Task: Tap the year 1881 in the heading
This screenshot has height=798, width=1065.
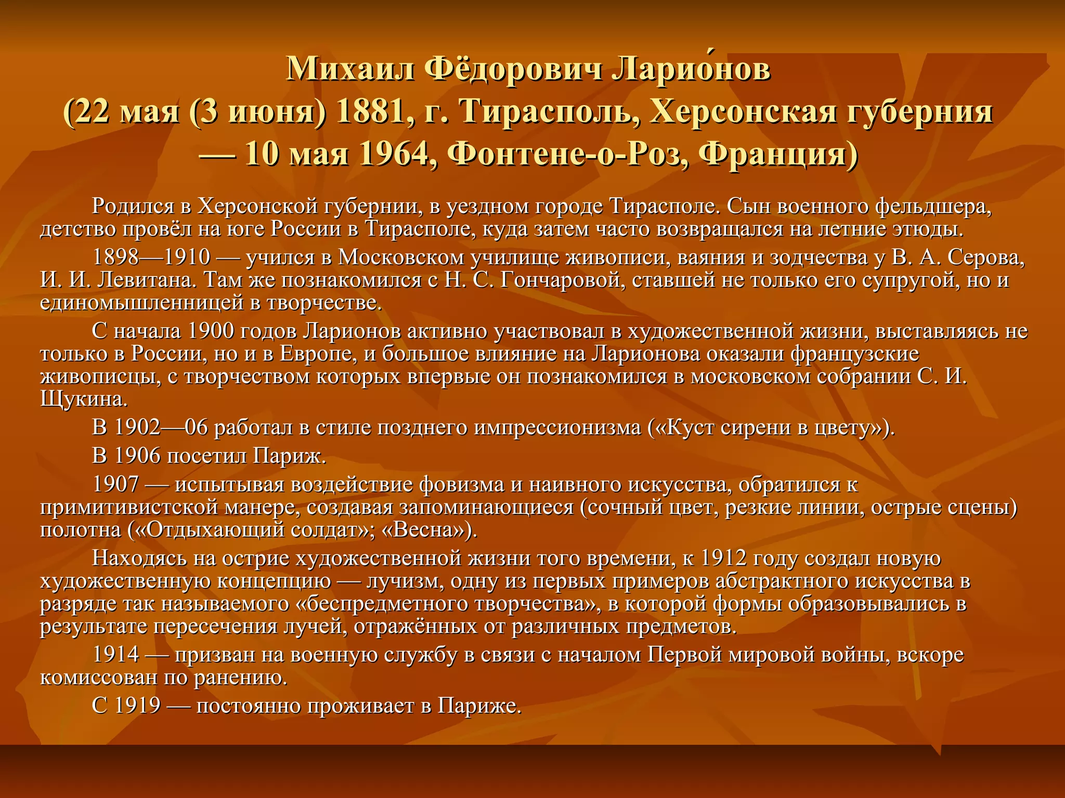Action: pyautogui.click(x=370, y=112)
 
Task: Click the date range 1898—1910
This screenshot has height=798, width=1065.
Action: pyautogui.click(x=151, y=257)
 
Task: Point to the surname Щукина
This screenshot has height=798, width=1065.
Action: pyautogui.click(x=83, y=399)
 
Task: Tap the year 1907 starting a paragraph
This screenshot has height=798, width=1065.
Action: pyautogui.click(x=115, y=484)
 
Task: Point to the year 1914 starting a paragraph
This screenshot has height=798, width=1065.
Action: pyautogui.click(x=115, y=655)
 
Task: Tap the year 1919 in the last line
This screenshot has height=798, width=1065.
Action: pyautogui.click(x=137, y=706)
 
